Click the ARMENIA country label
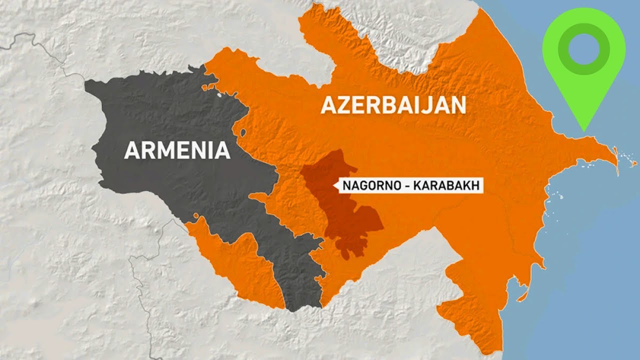(x=177, y=150)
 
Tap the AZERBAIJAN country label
(x=393, y=105)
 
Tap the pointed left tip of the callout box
(x=333, y=186)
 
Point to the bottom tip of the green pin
(x=583, y=130)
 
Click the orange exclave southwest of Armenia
(x=235, y=260)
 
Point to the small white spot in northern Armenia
(x=220, y=93)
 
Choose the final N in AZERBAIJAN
(x=458, y=105)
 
